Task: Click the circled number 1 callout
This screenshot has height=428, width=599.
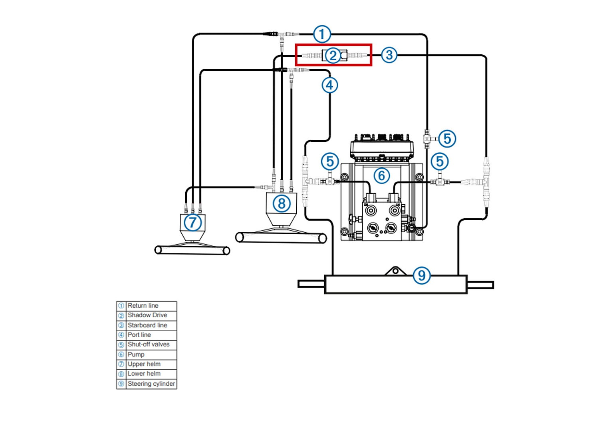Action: tap(322, 34)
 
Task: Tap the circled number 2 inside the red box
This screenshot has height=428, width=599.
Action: tap(333, 55)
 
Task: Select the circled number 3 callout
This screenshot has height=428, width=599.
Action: tap(389, 55)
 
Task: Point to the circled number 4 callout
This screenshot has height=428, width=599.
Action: tap(329, 85)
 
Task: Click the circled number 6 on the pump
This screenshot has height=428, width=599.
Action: tap(382, 175)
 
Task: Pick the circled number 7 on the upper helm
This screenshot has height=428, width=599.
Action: tap(192, 222)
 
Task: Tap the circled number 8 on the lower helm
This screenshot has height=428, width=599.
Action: tap(282, 203)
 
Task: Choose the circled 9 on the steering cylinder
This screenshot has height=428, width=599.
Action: tap(422, 275)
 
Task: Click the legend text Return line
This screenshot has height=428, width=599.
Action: tap(143, 306)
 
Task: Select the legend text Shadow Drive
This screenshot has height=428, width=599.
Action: tap(147, 315)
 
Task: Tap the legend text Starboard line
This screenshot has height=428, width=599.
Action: tap(147, 325)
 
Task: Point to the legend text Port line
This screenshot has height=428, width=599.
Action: tap(139, 335)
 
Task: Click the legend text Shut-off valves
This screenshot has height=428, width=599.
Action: tap(149, 344)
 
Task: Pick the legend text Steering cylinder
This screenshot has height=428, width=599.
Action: tap(151, 384)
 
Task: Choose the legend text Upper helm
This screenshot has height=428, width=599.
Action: tap(144, 364)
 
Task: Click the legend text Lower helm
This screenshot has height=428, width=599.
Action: tap(144, 374)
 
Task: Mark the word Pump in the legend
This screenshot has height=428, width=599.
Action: tap(136, 354)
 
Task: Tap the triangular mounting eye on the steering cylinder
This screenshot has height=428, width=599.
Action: tap(395, 271)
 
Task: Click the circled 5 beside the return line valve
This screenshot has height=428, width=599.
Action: tap(447, 139)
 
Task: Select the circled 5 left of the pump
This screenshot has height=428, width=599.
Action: tap(330, 161)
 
